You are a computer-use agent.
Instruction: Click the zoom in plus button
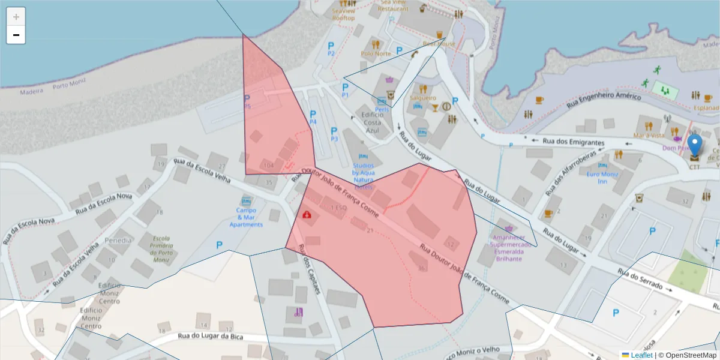click(x=16, y=17)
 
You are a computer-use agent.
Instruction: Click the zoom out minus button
click(x=16, y=35)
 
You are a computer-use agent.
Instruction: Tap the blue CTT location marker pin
click(x=694, y=146)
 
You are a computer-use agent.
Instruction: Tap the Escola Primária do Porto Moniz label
click(x=162, y=248)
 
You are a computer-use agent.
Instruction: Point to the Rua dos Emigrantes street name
click(x=573, y=142)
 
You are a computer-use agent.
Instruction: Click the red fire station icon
click(x=307, y=214)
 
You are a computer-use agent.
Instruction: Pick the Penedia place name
click(x=118, y=241)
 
